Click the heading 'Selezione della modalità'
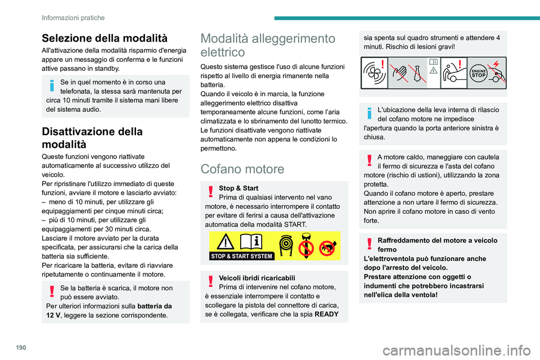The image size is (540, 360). (104, 38)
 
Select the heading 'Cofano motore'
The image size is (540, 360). (240, 168)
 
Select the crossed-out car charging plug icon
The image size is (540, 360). (497, 73)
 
